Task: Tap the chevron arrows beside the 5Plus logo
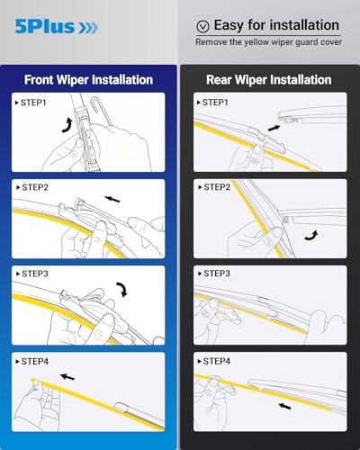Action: pyautogui.click(x=88, y=28)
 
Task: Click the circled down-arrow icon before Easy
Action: pyautogui.click(x=202, y=26)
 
